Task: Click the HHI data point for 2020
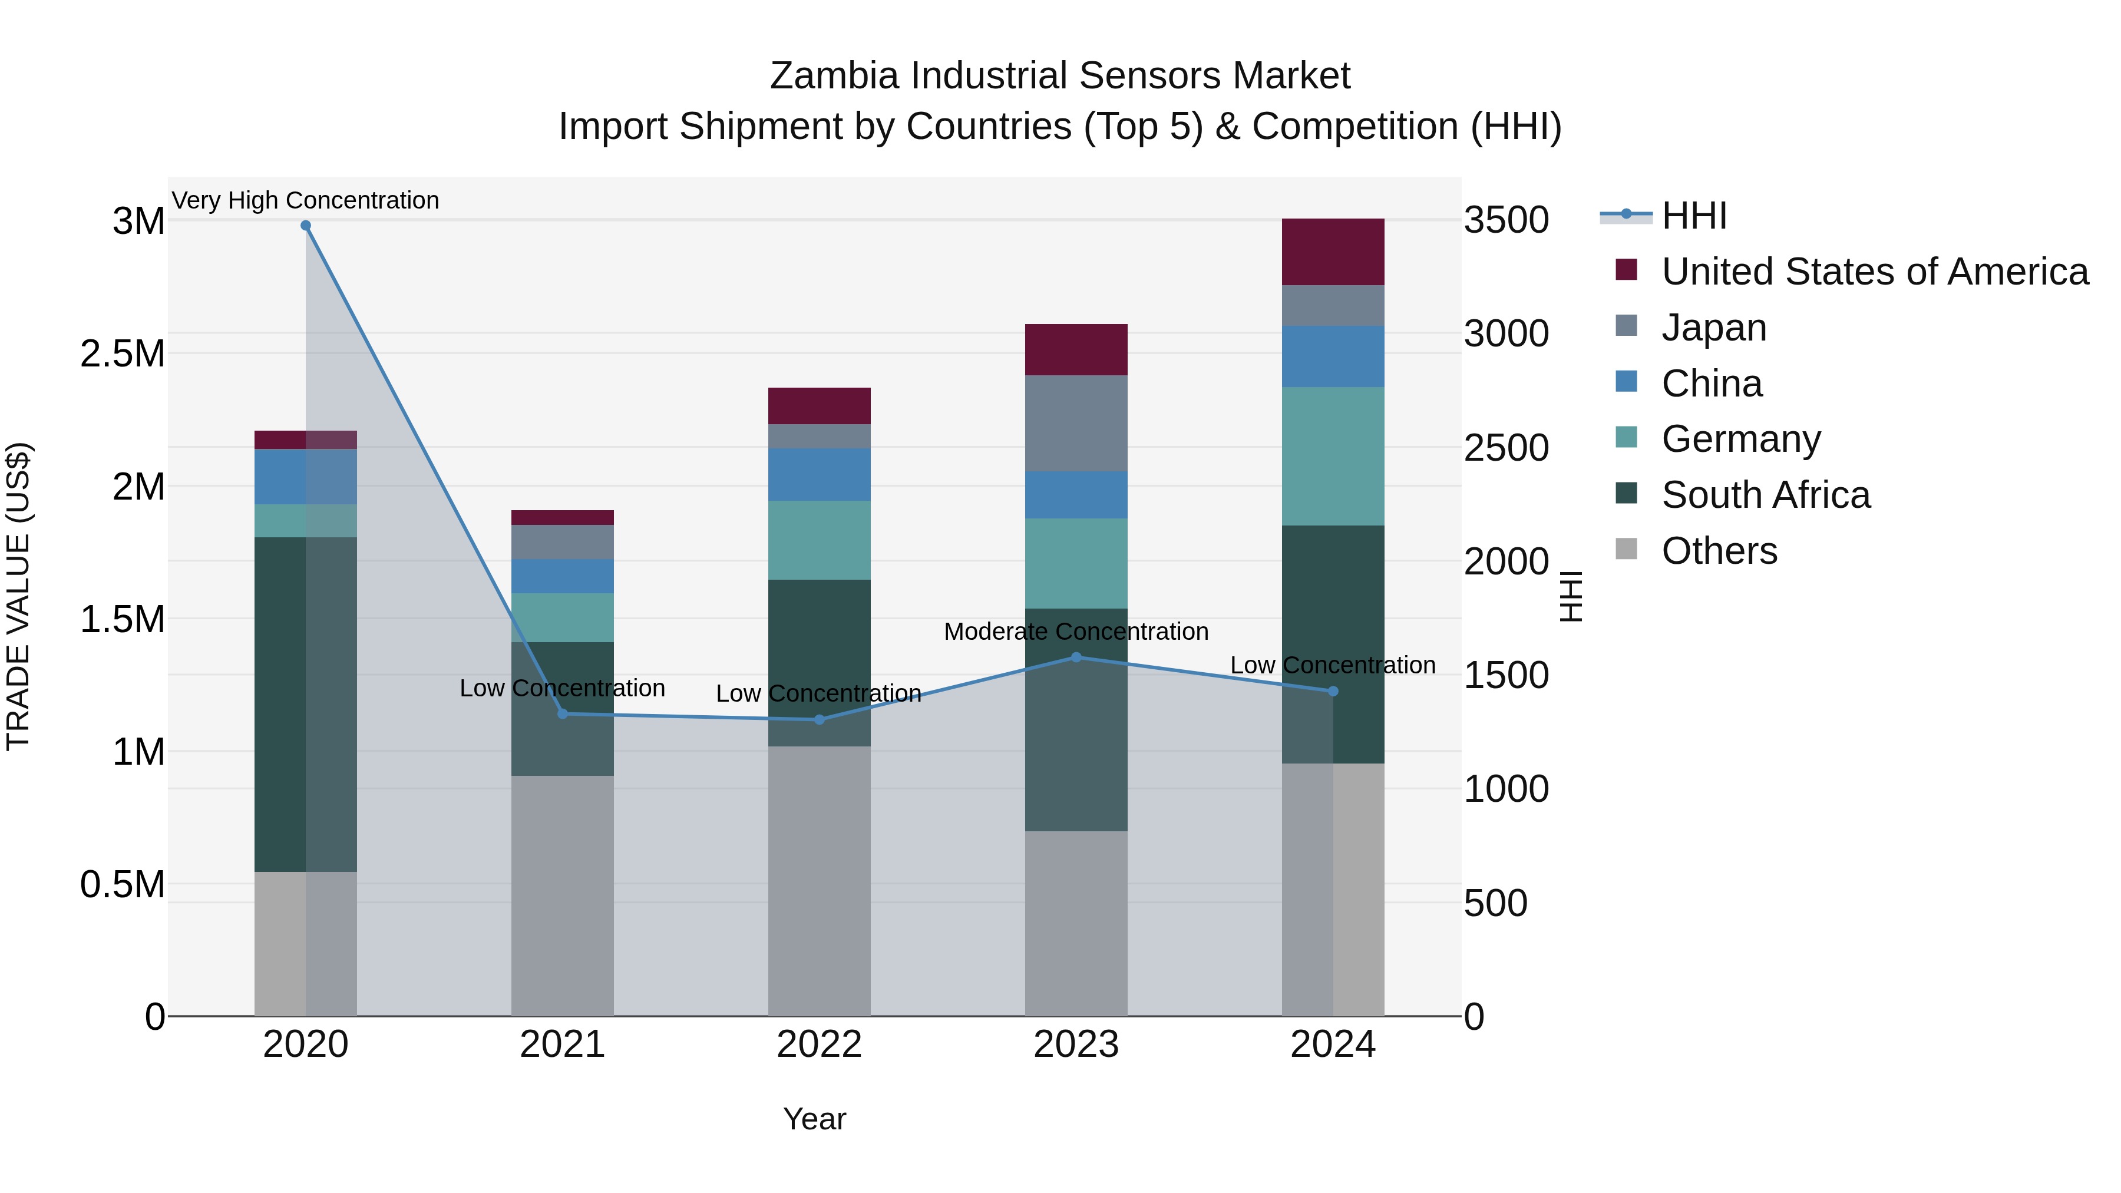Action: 305,226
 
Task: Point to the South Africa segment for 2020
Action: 280,704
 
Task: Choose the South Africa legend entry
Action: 1765,495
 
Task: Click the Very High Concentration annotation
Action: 305,200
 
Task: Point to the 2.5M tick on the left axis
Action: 122,353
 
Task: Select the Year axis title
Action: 814,1119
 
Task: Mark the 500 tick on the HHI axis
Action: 1495,903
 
